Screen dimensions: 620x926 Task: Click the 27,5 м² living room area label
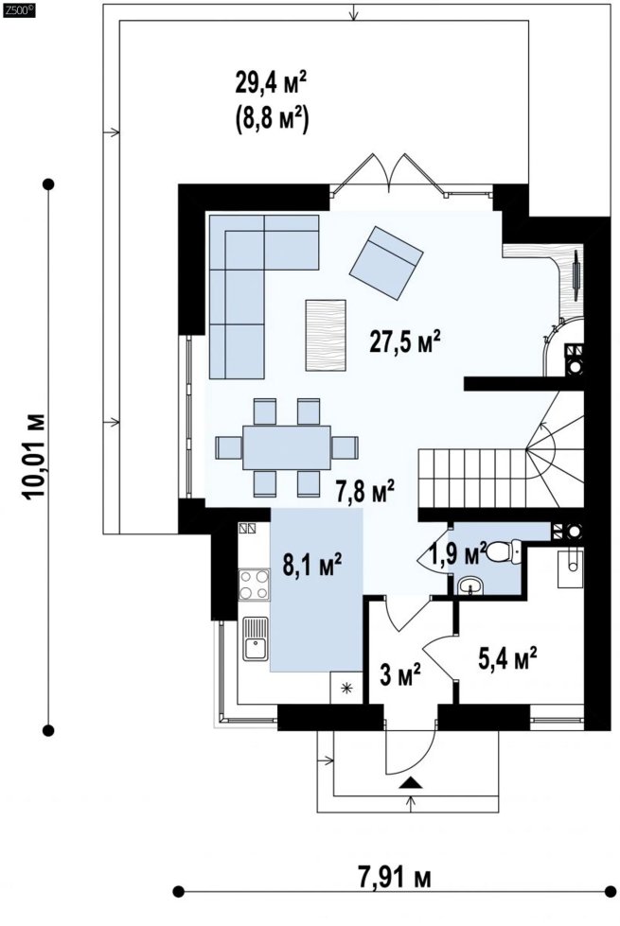[405, 341]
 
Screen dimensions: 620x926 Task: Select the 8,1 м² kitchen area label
[312, 565]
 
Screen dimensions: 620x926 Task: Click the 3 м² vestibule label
[400, 674]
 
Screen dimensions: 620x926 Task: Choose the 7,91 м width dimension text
[394, 877]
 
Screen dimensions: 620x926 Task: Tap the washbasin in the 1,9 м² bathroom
[470, 585]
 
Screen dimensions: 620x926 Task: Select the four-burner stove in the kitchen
[253, 585]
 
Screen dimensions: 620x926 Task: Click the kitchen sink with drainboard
[256, 638]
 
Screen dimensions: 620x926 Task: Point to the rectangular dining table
[287, 447]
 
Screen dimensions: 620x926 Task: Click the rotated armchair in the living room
[386, 262]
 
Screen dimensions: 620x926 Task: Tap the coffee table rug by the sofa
[326, 336]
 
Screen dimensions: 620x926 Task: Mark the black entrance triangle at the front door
[411, 783]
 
